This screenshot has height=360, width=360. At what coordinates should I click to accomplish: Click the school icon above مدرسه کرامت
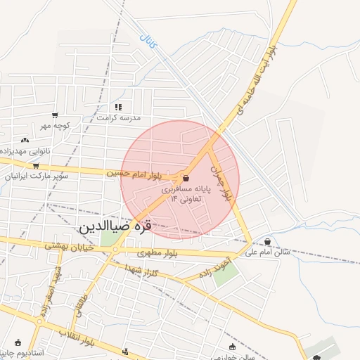(x=117, y=107)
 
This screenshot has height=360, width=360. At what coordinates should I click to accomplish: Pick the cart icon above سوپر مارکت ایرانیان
(x=36, y=166)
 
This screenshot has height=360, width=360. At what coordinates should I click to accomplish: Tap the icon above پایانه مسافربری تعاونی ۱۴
(x=185, y=179)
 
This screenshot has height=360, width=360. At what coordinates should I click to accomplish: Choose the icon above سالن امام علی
(x=268, y=241)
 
